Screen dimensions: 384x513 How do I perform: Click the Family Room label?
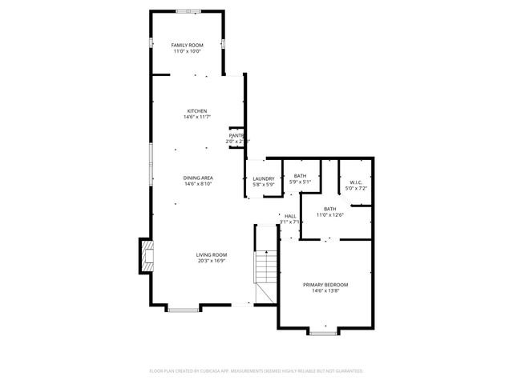(188, 45)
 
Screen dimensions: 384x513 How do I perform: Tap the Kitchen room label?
(197, 110)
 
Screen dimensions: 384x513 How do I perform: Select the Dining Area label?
(197, 178)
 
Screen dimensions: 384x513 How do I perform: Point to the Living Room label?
(212, 255)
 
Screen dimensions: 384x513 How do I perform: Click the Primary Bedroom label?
(325, 284)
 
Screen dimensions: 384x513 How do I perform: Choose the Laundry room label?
(264, 179)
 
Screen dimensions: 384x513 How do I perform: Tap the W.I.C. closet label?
(357, 182)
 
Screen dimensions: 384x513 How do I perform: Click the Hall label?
(290, 215)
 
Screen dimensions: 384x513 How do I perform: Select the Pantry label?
(236, 136)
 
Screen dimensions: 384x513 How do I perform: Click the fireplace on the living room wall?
(145, 256)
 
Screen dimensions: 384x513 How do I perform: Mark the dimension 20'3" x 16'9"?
(212, 261)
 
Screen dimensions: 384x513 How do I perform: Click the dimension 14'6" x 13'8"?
(325, 290)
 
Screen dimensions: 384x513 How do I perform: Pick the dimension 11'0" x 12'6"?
(329, 214)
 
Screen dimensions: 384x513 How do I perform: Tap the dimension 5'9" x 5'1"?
(300, 182)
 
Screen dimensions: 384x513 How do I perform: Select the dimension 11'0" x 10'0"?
(188, 51)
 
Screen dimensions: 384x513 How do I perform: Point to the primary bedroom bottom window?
(322, 331)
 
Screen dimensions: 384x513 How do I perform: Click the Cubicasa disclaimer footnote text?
(256, 371)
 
